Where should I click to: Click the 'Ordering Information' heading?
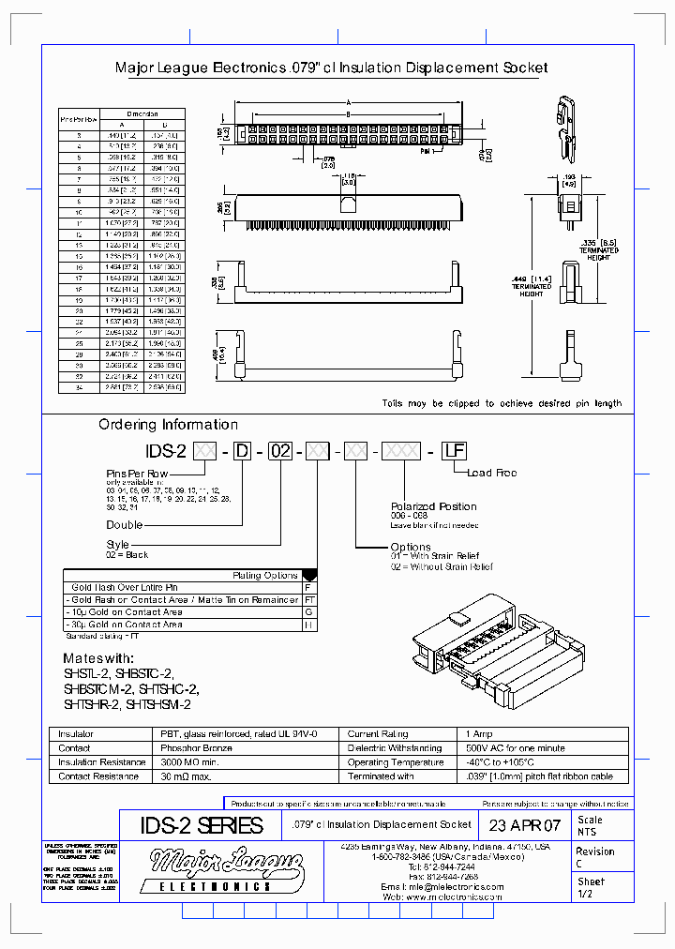coord(168,425)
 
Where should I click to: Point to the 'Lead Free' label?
coord(491,474)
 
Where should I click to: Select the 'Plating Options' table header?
coord(264,575)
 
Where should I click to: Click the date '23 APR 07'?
coord(524,825)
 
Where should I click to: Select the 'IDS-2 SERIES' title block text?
coord(202,825)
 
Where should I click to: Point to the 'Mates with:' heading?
coord(98,658)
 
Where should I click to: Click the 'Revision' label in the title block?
coord(595,851)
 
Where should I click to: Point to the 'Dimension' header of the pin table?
coord(140,113)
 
